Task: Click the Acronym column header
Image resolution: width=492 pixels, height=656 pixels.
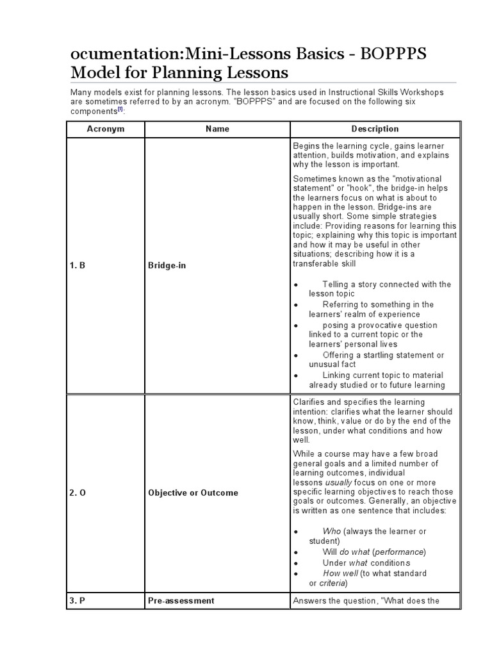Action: click(x=106, y=129)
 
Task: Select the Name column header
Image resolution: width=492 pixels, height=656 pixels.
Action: click(x=217, y=129)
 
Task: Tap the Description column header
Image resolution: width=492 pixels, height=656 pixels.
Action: click(x=375, y=129)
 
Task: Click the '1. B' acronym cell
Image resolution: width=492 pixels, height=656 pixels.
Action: click(x=78, y=265)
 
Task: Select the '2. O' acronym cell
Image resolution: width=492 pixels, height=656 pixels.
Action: click(x=78, y=493)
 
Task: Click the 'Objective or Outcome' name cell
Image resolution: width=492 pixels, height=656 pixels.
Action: click(x=193, y=493)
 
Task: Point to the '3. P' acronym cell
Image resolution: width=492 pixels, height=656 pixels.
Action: click(x=78, y=600)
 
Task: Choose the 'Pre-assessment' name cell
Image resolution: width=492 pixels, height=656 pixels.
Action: click(x=181, y=600)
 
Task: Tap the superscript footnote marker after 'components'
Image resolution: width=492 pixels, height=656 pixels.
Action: click(x=120, y=110)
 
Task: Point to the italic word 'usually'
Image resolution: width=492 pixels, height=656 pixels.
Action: click(x=338, y=482)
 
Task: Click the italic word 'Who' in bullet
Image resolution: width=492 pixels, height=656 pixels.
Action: click(x=332, y=531)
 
